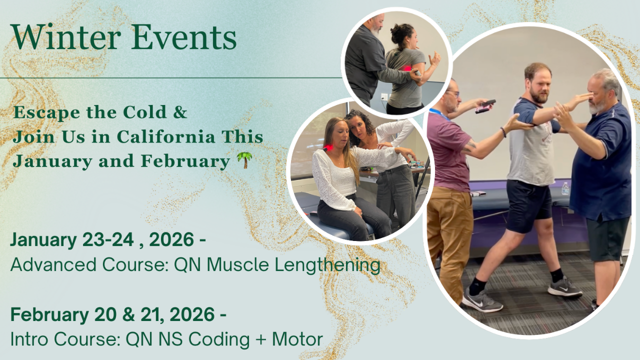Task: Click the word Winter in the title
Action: coord(65,37)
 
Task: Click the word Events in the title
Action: coord(183,37)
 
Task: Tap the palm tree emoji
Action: coord(245,160)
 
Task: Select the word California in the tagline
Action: coord(166,136)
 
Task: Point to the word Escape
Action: coord(47,112)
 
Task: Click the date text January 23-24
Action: coord(72,239)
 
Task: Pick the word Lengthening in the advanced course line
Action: coord(327,265)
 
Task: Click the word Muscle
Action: coord(237,264)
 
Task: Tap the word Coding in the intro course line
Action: coord(219,339)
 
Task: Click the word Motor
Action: coord(297,339)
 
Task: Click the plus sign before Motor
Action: coord(261,340)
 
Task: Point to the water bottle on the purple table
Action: coord(565,188)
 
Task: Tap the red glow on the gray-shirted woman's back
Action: coord(406,68)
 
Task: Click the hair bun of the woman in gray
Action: coord(398,32)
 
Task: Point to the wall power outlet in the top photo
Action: coord(384,97)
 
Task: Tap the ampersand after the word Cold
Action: coord(180,112)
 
